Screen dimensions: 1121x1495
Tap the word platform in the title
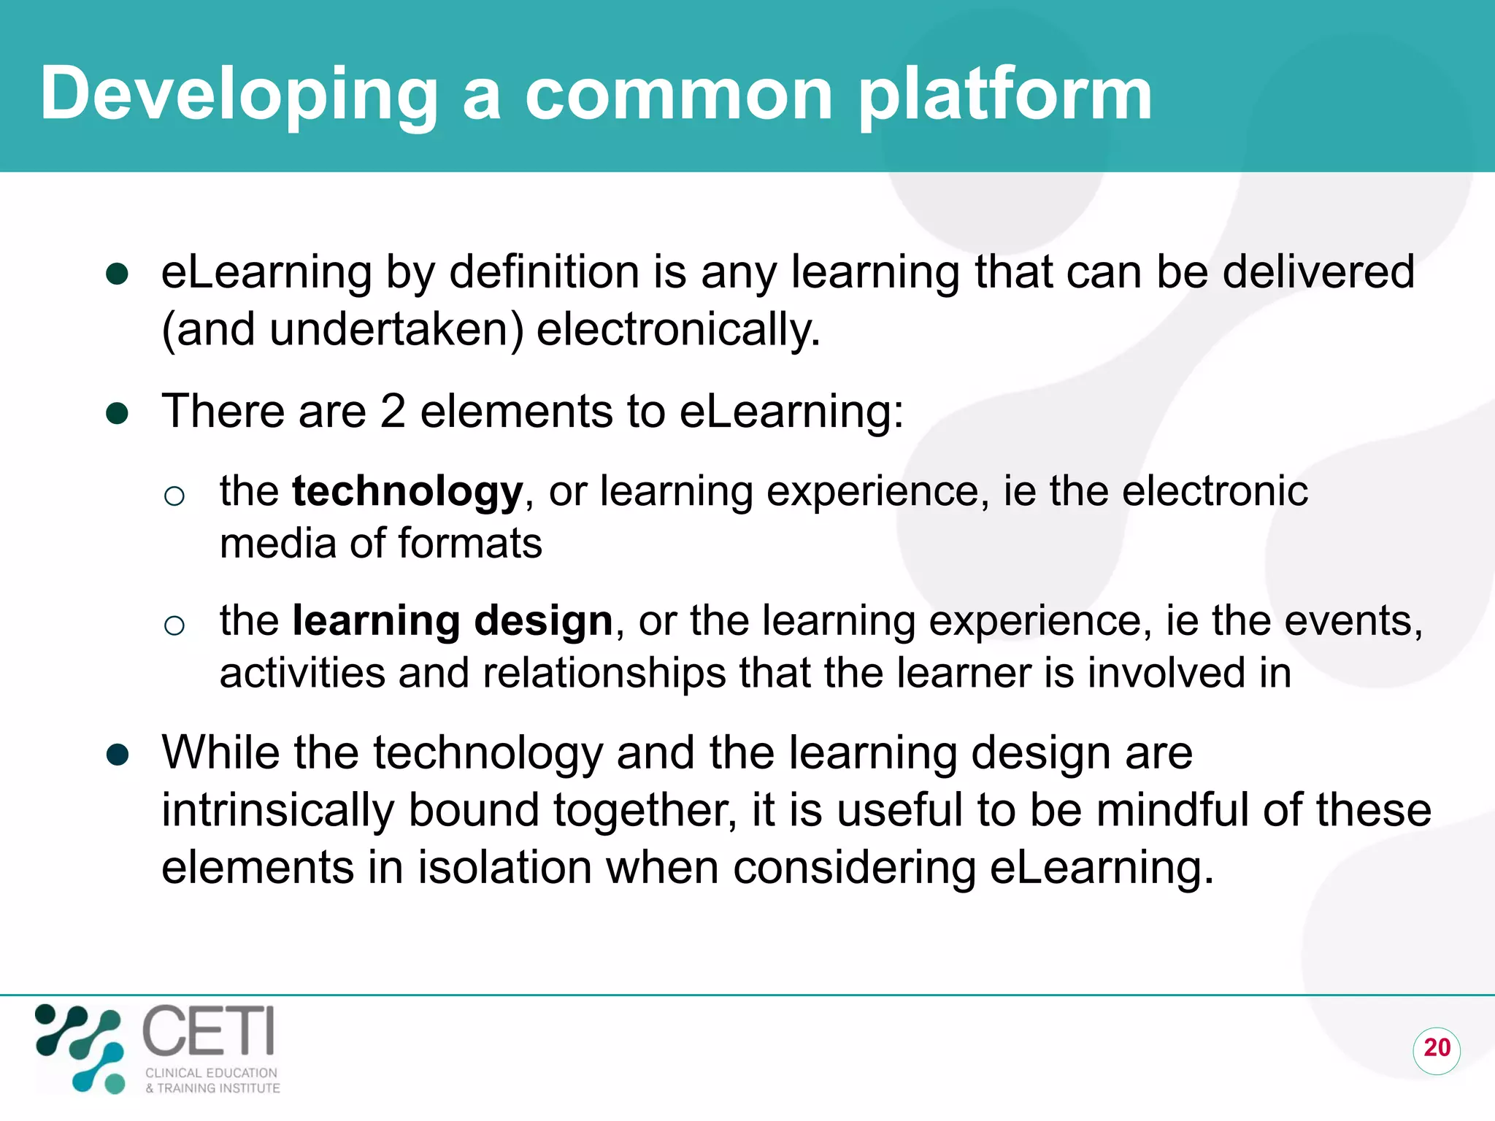(x=1005, y=95)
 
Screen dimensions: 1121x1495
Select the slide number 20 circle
(x=1436, y=1049)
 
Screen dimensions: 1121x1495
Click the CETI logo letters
(x=209, y=1031)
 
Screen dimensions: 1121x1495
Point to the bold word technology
(x=407, y=491)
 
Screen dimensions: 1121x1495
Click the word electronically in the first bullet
(x=678, y=330)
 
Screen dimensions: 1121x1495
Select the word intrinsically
(x=277, y=811)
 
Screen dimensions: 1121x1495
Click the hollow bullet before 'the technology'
(x=174, y=496)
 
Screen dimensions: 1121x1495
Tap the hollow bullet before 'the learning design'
(x=174, y=625)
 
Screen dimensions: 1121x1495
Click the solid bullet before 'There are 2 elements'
(x=118, y=414)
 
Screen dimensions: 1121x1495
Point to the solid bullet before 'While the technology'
(x=118, y=755)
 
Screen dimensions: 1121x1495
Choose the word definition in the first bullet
(x=544, y=272)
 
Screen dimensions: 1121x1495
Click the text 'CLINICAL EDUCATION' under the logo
(x=211, y=1073)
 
